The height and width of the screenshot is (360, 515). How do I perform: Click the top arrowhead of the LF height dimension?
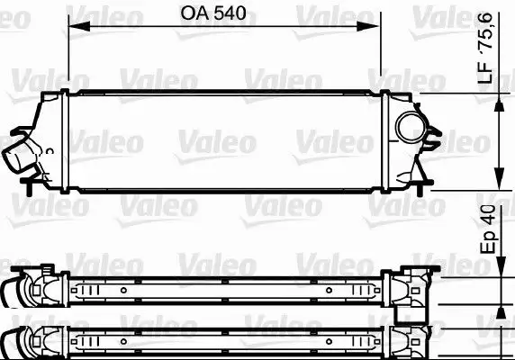tap(499, 97)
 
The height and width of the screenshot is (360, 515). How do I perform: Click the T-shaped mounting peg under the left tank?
tap(32, 184)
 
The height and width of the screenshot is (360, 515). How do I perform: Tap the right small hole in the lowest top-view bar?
tap(330, 342)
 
